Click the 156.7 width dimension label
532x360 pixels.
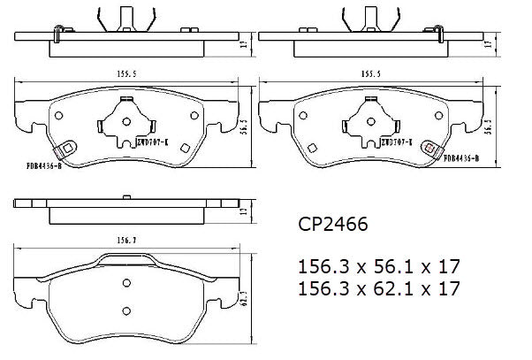129,237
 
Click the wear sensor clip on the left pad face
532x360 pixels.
65,151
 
